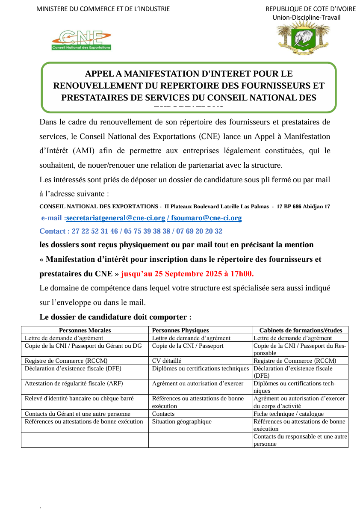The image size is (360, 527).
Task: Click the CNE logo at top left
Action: pos(81,40)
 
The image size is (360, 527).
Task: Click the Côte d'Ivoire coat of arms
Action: pos(303,38)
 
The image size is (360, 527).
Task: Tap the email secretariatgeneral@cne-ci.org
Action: pos(116,218)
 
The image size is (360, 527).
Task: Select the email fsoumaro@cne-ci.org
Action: pos(207,218)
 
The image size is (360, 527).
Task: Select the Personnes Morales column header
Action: pos(85,330)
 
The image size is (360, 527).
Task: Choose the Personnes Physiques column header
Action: pos(180,330)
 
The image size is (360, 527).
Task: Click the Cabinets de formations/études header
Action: pos(301,330)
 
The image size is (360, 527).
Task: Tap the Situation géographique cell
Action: pos(182,421)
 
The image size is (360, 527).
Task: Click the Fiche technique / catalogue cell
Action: pos(289,414)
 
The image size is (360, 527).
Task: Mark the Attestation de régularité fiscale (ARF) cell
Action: pos(74,383)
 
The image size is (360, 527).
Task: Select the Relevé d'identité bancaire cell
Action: pos(79,398)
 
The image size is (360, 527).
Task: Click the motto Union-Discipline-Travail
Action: pos(307,18)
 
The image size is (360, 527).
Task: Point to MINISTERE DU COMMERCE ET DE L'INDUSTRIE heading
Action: pos(103,9)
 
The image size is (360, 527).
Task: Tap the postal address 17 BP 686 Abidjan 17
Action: pos(303,207)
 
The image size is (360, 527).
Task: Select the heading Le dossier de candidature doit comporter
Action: pos(115,317)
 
